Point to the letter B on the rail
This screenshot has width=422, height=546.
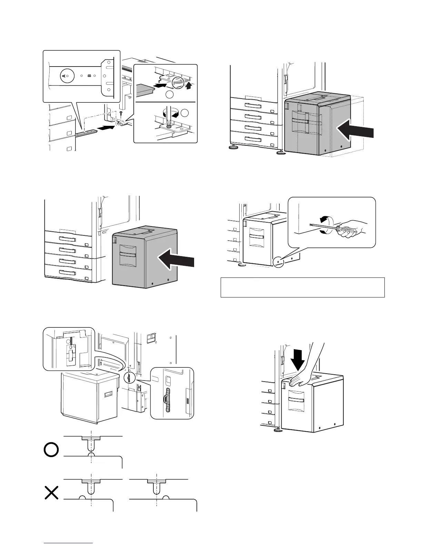point(90,75)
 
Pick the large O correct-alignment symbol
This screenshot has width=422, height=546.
point(51,450)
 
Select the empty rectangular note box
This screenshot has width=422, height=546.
point(302,287)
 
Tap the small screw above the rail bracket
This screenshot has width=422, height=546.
point(121,113)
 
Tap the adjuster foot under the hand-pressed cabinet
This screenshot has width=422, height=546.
point(276,430)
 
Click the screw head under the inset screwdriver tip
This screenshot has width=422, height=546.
point(169,126)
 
